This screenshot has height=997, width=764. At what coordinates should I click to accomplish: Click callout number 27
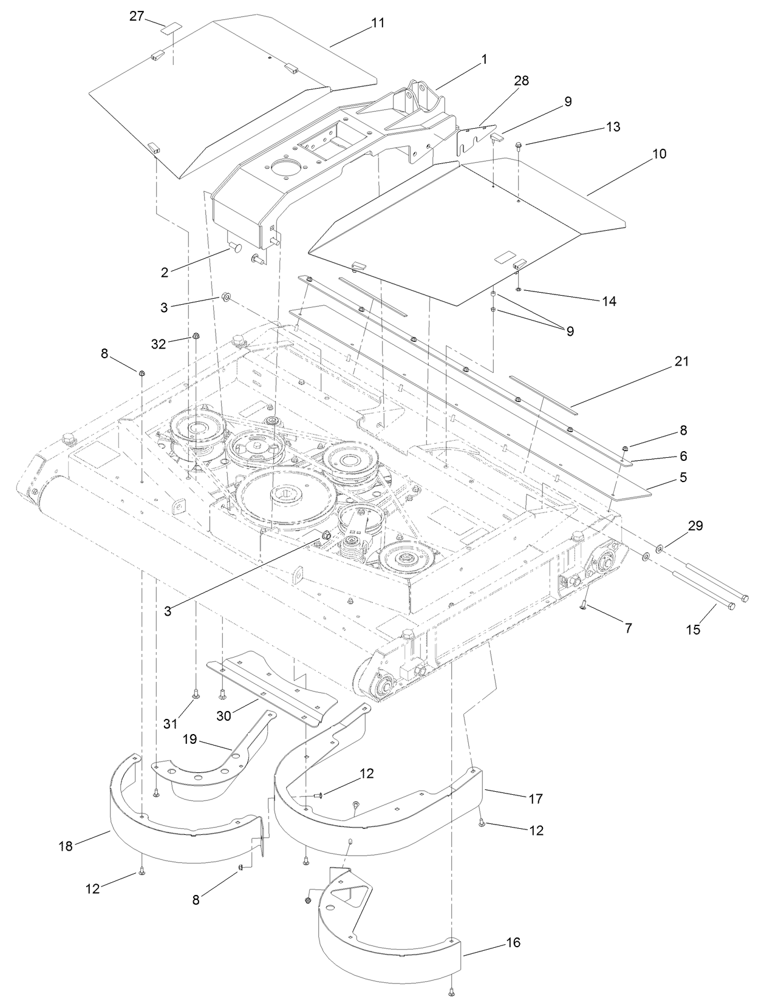coord(136,16)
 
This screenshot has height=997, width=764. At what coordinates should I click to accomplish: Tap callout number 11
coord(378,24)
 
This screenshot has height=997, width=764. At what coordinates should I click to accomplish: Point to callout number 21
coord(681,361)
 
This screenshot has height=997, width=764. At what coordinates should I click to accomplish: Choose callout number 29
coord(695,526)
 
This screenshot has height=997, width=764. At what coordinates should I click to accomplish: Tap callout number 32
coord(159,344)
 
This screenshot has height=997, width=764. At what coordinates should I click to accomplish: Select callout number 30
coord(223,716)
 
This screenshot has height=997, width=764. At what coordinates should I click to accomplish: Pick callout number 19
coord(191,739)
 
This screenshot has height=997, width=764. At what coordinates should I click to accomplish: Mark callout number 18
coord(65,846)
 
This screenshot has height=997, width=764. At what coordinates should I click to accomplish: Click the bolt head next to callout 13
coord(520,146)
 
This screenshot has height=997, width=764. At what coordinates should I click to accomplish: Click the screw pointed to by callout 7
coord(582,605)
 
